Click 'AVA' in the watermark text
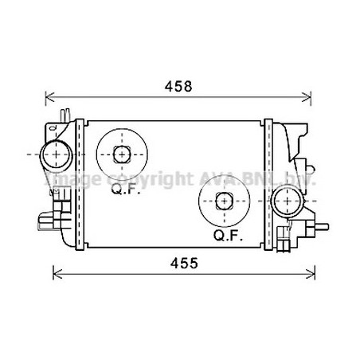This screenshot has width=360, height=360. pyautogui.click(x=218, y=177)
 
